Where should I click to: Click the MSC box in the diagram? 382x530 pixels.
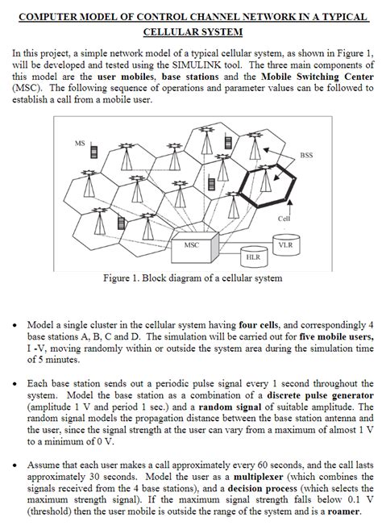coord(191,244)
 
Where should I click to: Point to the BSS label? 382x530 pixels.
coord(307,155)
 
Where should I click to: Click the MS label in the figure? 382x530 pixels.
coord(80,143)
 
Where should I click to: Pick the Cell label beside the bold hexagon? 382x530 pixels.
coord(284,219)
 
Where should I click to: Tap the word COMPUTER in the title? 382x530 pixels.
coord(51,16)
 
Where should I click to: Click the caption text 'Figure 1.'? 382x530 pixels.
coord(127,278)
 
